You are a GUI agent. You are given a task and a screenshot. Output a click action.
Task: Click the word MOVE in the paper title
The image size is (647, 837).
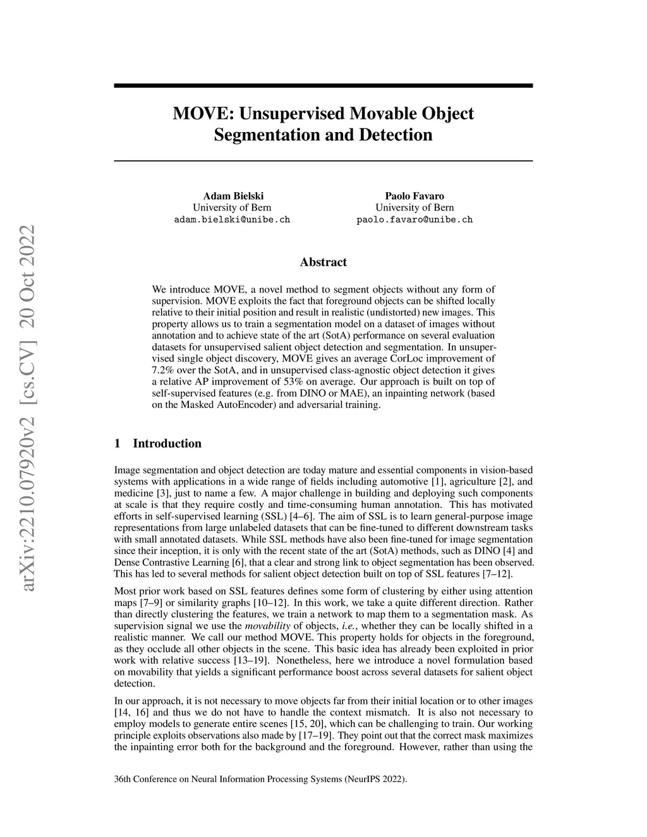[197, 114]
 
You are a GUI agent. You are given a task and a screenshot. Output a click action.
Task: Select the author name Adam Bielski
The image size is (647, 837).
[232, 196]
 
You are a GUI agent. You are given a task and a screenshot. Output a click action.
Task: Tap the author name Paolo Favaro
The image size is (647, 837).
[414, 196]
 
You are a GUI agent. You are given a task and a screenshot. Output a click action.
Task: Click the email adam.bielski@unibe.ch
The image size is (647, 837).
[232, 220]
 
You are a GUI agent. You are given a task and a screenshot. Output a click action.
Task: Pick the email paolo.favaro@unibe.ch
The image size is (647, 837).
[414, 220]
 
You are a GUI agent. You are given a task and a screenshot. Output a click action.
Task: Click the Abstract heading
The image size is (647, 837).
[323, 262]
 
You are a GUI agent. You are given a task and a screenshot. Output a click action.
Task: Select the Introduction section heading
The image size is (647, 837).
[167, 443]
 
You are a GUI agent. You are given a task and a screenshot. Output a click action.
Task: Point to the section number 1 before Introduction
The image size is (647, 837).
[118, 443]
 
